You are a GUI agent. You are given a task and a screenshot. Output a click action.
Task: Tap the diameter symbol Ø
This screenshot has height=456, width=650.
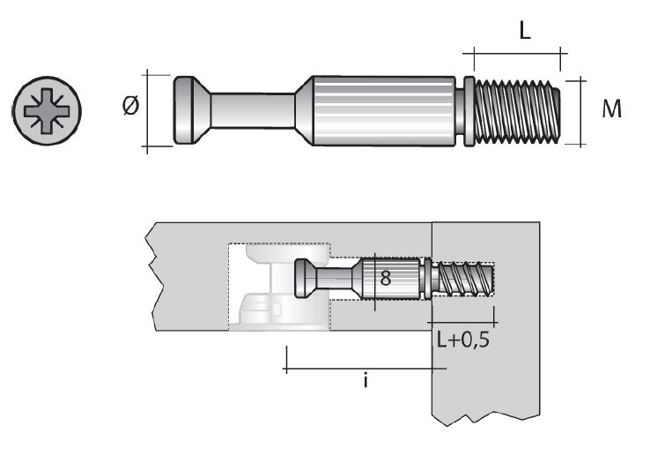coord(130,108)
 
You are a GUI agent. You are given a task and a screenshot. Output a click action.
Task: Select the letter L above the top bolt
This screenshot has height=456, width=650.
coord(524,33)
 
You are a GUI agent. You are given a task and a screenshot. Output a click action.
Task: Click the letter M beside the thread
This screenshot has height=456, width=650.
coord(612,110)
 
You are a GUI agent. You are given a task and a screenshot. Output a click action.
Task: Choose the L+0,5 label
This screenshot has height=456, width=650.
coord(463,340)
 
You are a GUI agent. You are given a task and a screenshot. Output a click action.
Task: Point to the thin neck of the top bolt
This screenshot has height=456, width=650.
coord(251,110)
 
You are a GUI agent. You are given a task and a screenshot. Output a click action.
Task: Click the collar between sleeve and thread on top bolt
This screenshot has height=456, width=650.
coord(468,110)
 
